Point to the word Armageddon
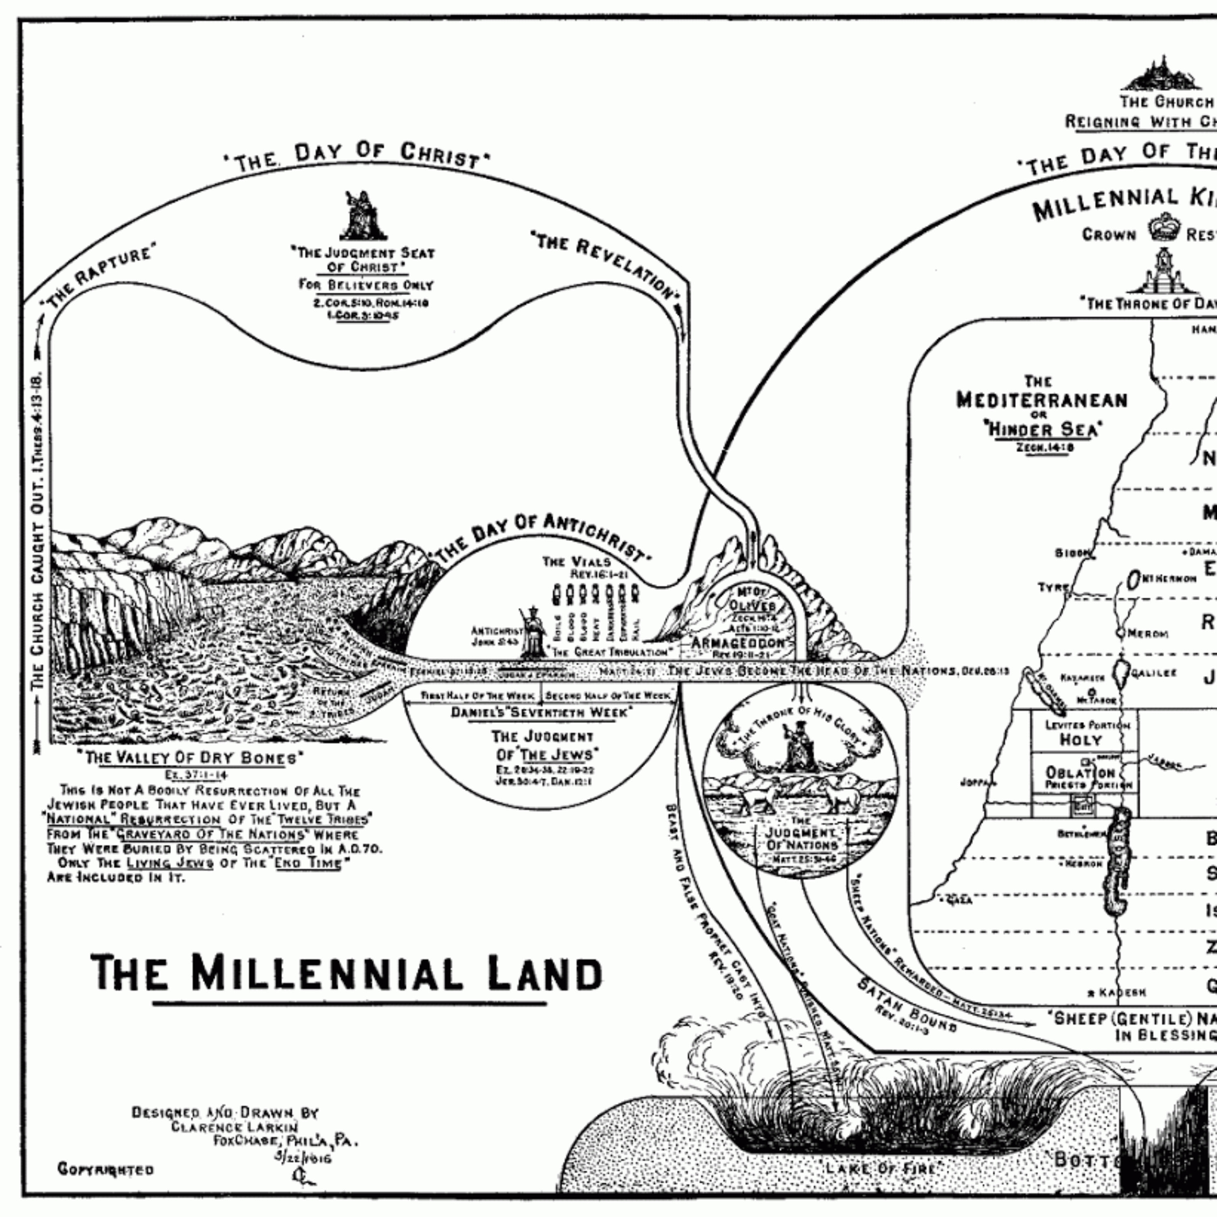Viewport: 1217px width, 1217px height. [x=738, y=643]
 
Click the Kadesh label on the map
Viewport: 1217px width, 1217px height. [x=1121, y=1011]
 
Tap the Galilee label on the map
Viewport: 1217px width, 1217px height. [x=1154, y=673]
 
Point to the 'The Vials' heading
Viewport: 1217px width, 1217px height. [x=577, y=561]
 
